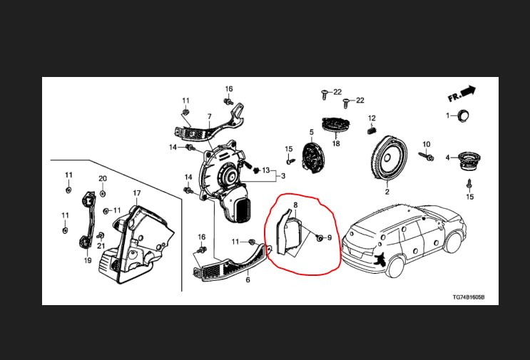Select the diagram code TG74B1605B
coord(469,297)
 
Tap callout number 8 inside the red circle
coord(295,205)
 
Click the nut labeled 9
coord(319,238)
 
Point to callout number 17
coord(136,193)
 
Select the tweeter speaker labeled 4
coord(469,160)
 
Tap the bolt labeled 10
coord(426,156)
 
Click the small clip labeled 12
coord(372,129)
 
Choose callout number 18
coord(336,143)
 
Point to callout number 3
coord(283,176)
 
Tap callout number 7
coord(210,117)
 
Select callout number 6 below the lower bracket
coord(248,280)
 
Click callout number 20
coord(103,179)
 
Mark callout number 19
coord(88,260)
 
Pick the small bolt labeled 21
coord(101,235)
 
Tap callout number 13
coord(266,170)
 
